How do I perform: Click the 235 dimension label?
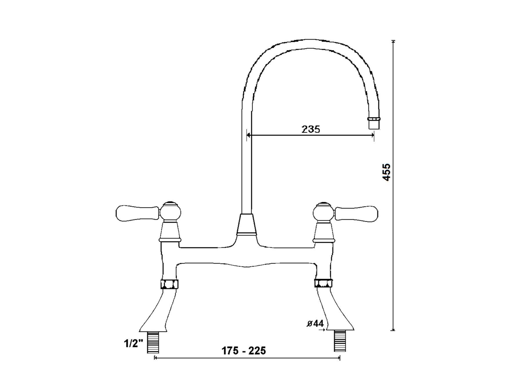click(311, 129)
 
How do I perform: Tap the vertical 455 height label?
click(387, 172)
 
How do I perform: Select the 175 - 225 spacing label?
click(244, 351)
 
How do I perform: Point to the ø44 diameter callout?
click(315, 324)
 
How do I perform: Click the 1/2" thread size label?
click(134, 344)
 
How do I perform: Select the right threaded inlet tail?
click(340, 341)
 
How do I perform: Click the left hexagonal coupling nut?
click(169, 284)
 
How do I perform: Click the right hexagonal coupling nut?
click(324, 283)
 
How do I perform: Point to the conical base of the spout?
click(246, 224)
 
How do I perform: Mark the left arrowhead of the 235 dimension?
click(248, 135)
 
